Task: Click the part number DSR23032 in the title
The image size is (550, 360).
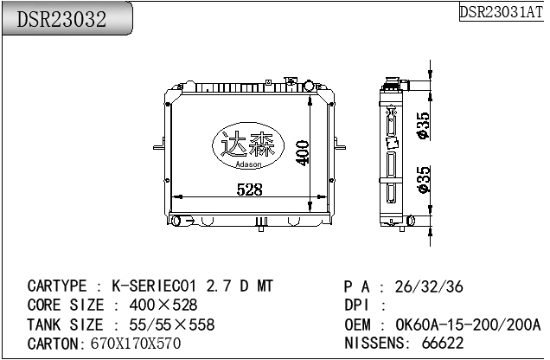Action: coord(61,20)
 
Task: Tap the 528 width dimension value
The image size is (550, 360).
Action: coord(249,190)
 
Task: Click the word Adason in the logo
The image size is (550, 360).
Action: coord(249,163)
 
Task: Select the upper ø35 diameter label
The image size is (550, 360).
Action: coord(423,125)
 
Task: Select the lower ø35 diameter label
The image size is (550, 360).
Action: coord(423,180)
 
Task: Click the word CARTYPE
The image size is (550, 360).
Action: coord(58,286)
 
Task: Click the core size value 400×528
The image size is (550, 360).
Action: coord(163,305)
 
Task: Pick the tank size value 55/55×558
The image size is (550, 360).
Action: coord(170,325)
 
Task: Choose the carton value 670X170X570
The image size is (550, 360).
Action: coord(136,344)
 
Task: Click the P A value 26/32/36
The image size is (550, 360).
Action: coord(429,286)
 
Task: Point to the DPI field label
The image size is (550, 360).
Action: coord(357,305)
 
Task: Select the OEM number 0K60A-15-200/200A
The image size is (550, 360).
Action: coord(468,325)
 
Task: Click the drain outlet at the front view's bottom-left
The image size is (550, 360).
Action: coord(177,222)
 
